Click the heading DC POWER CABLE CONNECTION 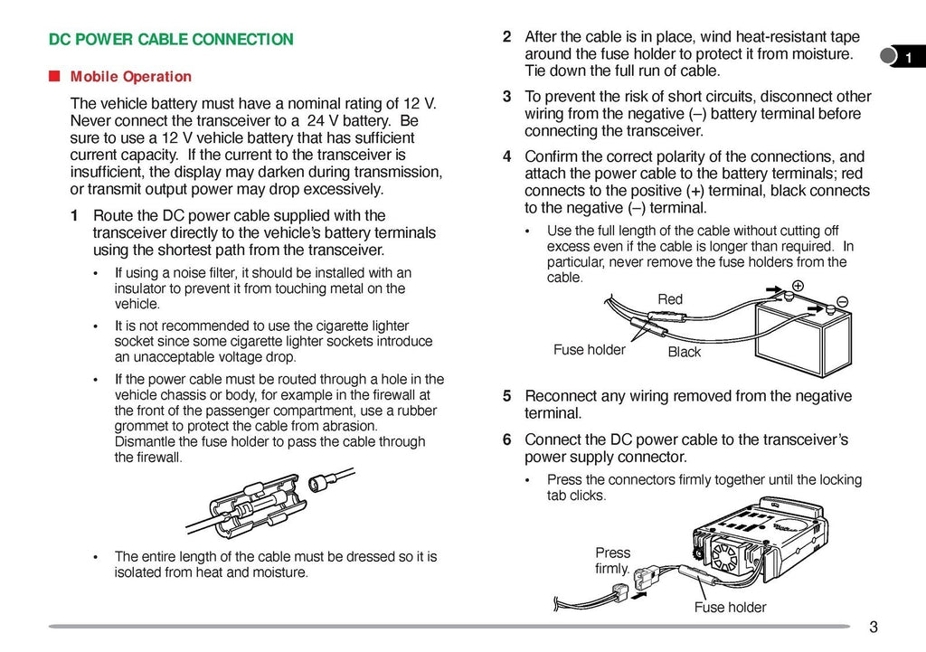click(171, 40)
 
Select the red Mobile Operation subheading click(131, 77)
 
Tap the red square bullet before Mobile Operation click(55, 76)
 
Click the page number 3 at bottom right click(873, 628)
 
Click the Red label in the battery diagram click(670, 299)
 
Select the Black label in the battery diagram click(684, 352)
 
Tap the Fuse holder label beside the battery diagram click(589, 350)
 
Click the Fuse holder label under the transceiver click(730, 608)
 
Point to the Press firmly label click(612, 561)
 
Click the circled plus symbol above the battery click(798, 285)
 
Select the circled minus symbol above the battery click(842, 301)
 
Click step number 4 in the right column click(507, 156)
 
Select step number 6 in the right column click(507, 439)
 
